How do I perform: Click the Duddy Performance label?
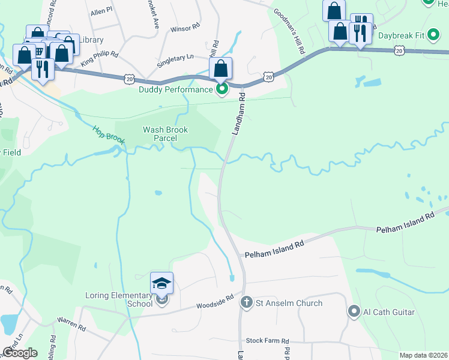coord(175,90)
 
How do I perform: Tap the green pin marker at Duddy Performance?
coord(221,90)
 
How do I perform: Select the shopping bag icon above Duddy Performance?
coord(221,69)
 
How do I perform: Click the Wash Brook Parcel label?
coord(165,134)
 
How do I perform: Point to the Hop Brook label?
coord(108,134)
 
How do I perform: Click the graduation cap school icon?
coord(161,283)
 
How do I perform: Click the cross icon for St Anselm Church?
coord(246,302)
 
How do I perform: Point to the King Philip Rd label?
coord(100,58)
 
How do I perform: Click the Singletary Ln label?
coord(174,56)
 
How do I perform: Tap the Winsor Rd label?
coord(184,28)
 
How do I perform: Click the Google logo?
coord(20,353)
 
